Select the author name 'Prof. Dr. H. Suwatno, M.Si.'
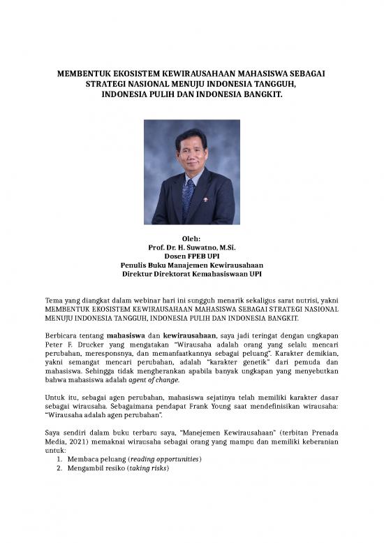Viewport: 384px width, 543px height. (191, 247)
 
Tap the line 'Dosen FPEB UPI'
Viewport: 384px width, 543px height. (191, 256)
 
